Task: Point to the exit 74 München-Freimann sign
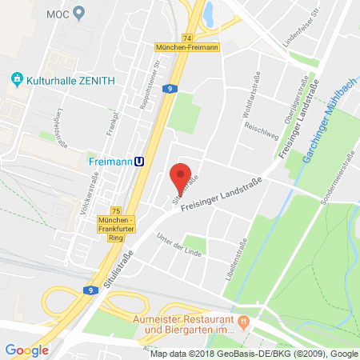[x=187, y=44]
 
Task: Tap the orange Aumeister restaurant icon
[x=246, y=321]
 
